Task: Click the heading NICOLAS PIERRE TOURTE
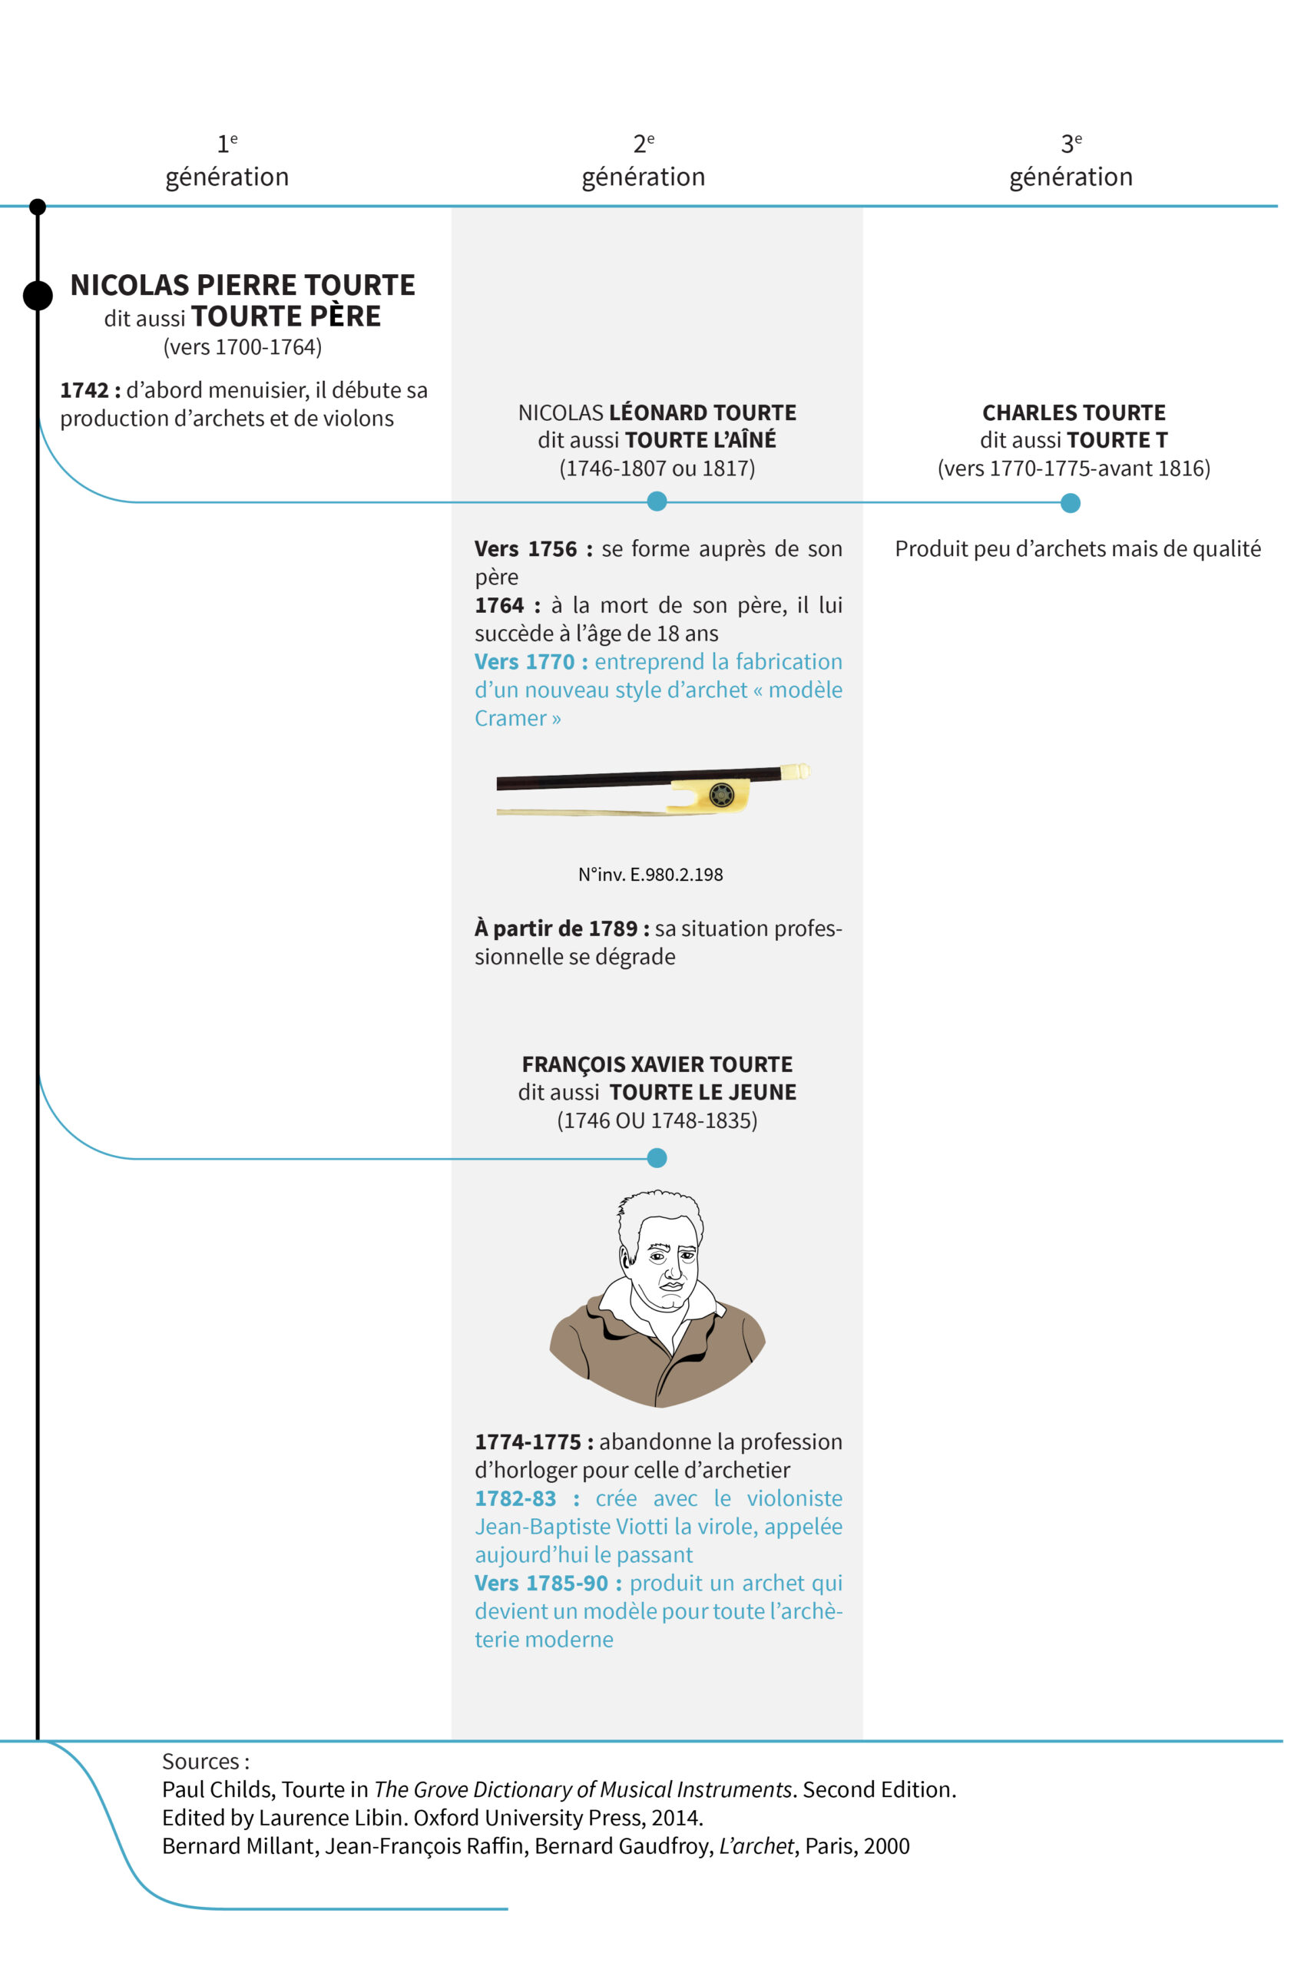click(x=242, y=285)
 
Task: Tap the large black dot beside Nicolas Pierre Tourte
click(x=38, y=295)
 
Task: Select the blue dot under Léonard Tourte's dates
click(x=657, y=501)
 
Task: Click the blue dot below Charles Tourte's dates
click(x=1070, y=503)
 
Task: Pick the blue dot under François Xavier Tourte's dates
click(x=657, y=1157)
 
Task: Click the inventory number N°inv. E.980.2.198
click(x=650, y=874)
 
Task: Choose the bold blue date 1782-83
click(x=515, y=1498)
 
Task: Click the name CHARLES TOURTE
click(x=1074, y=412)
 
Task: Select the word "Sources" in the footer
click(x=201, y=1761)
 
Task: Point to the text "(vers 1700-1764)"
click(x=242, y=347)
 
